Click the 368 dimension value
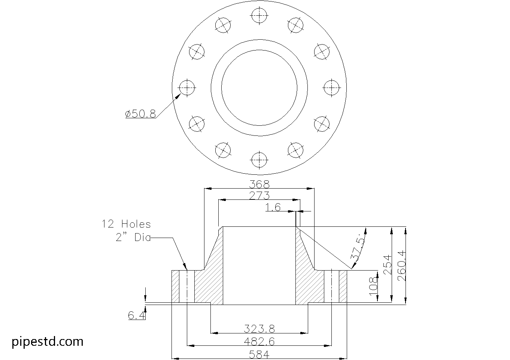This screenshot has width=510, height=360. point(259,184)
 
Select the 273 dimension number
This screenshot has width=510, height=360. point(259,196)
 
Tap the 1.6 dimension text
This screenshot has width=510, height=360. point(273,207)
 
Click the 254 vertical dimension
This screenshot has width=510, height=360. point(388,265)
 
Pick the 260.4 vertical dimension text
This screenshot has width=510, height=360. point(402,266)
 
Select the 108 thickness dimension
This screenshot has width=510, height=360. point(373,286)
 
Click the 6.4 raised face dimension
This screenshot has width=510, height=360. point(136,315)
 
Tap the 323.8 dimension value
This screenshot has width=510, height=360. point(259,329)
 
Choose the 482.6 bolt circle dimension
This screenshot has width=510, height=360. point(259,341)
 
